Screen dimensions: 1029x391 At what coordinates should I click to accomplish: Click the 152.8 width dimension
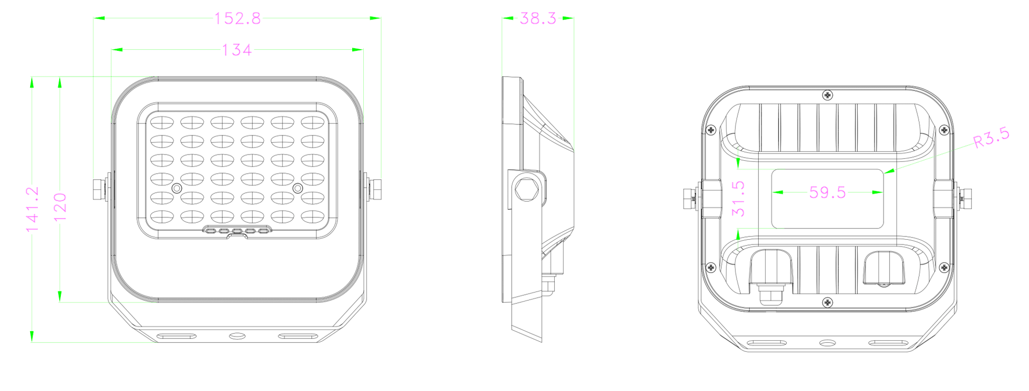(237, 19)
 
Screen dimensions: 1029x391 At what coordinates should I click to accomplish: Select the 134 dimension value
(236, 50)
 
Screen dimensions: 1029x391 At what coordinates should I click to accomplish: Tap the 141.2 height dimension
(33, 209)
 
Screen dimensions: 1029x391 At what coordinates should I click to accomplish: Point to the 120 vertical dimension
(60, 207)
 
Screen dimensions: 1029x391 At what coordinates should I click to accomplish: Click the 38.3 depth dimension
(538, 19)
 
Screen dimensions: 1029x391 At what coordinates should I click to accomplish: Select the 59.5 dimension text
(828, 192)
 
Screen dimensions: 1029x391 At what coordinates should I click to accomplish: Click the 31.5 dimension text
(738, 199)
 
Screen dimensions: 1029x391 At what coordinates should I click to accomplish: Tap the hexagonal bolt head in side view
(526, 189)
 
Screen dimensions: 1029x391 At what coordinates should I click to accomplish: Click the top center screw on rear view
(828, 95)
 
